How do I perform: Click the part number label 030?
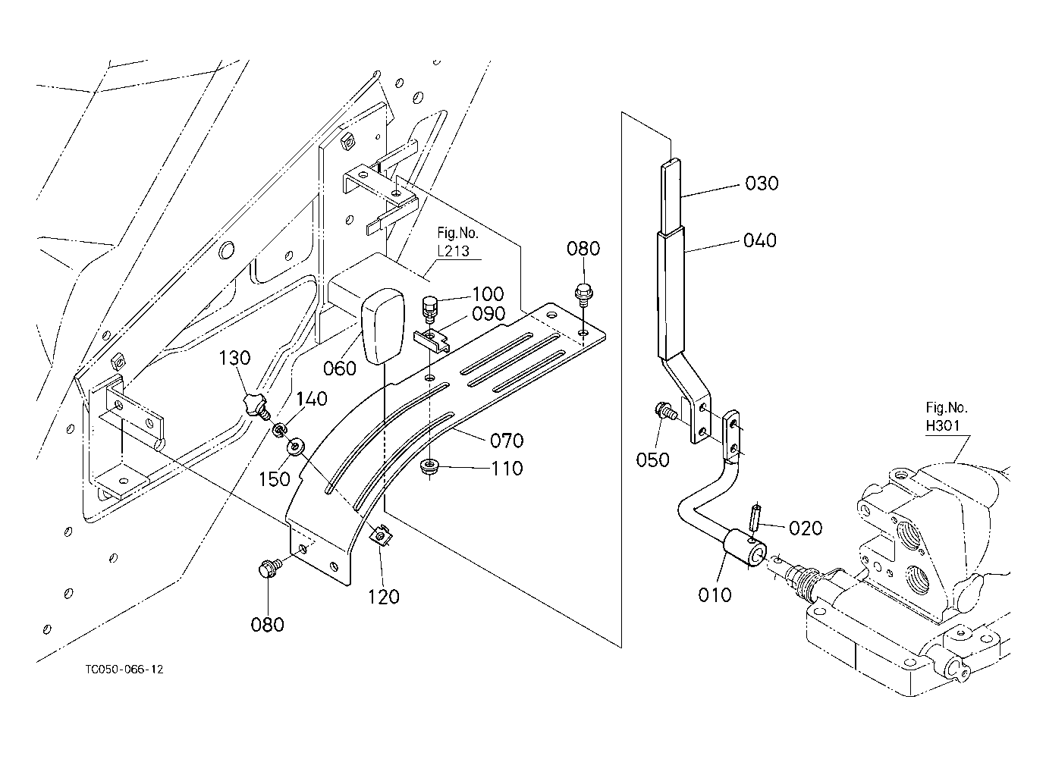(x=761, y=183)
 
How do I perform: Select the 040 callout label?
(x=759, y=240)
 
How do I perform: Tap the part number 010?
(x=715, y=595)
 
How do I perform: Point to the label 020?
(x=805, y=528)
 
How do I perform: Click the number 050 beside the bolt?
(x=652, y=459)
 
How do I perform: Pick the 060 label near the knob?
(x=339, y=369)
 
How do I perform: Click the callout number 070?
(x=507, y=441)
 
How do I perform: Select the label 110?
(x=506, y=469)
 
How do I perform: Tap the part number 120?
(x=384, y=597)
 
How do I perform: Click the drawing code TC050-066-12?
(x=124, y=670)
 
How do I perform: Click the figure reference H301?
(x=944, y=425)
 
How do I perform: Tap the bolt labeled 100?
(x=429, y=309)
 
